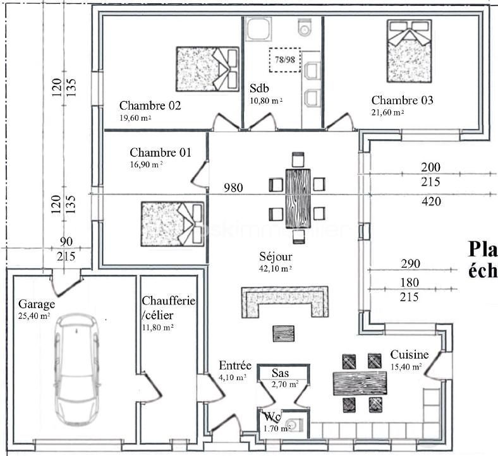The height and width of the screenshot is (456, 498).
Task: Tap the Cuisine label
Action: point(410,355)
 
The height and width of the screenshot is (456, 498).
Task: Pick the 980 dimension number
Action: point(234,188)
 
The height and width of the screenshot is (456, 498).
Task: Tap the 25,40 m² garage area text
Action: point(35,315)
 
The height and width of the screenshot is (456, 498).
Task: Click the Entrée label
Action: point(235,366)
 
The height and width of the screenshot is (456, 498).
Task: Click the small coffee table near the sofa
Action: point(283,333)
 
